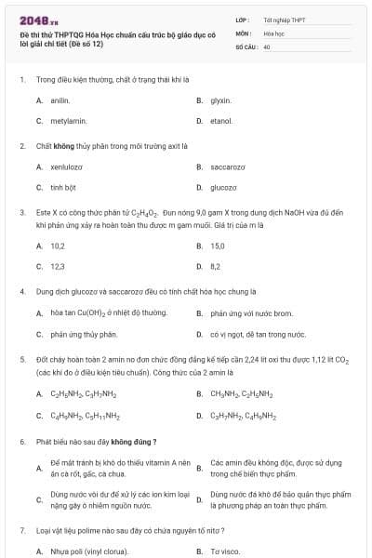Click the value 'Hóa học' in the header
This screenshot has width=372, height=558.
(x=273, y=33)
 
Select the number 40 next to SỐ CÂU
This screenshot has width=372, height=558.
(x=267, y=46)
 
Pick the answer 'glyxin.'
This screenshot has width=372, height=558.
(x=220, y=100)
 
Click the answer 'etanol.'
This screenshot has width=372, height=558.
(x=221, y=121)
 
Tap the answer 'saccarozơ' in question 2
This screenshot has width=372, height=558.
(x=228, y=166)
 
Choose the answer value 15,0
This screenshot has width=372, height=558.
(x=218, y=246)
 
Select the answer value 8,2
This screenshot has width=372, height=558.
(x=216, y=266)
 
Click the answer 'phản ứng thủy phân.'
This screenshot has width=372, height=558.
(x=84, y=334)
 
